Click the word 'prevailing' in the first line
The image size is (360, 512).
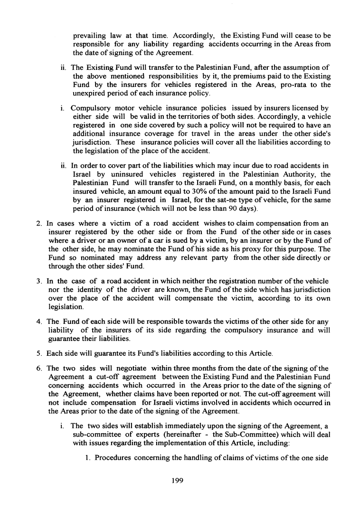(x=90, y=36)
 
